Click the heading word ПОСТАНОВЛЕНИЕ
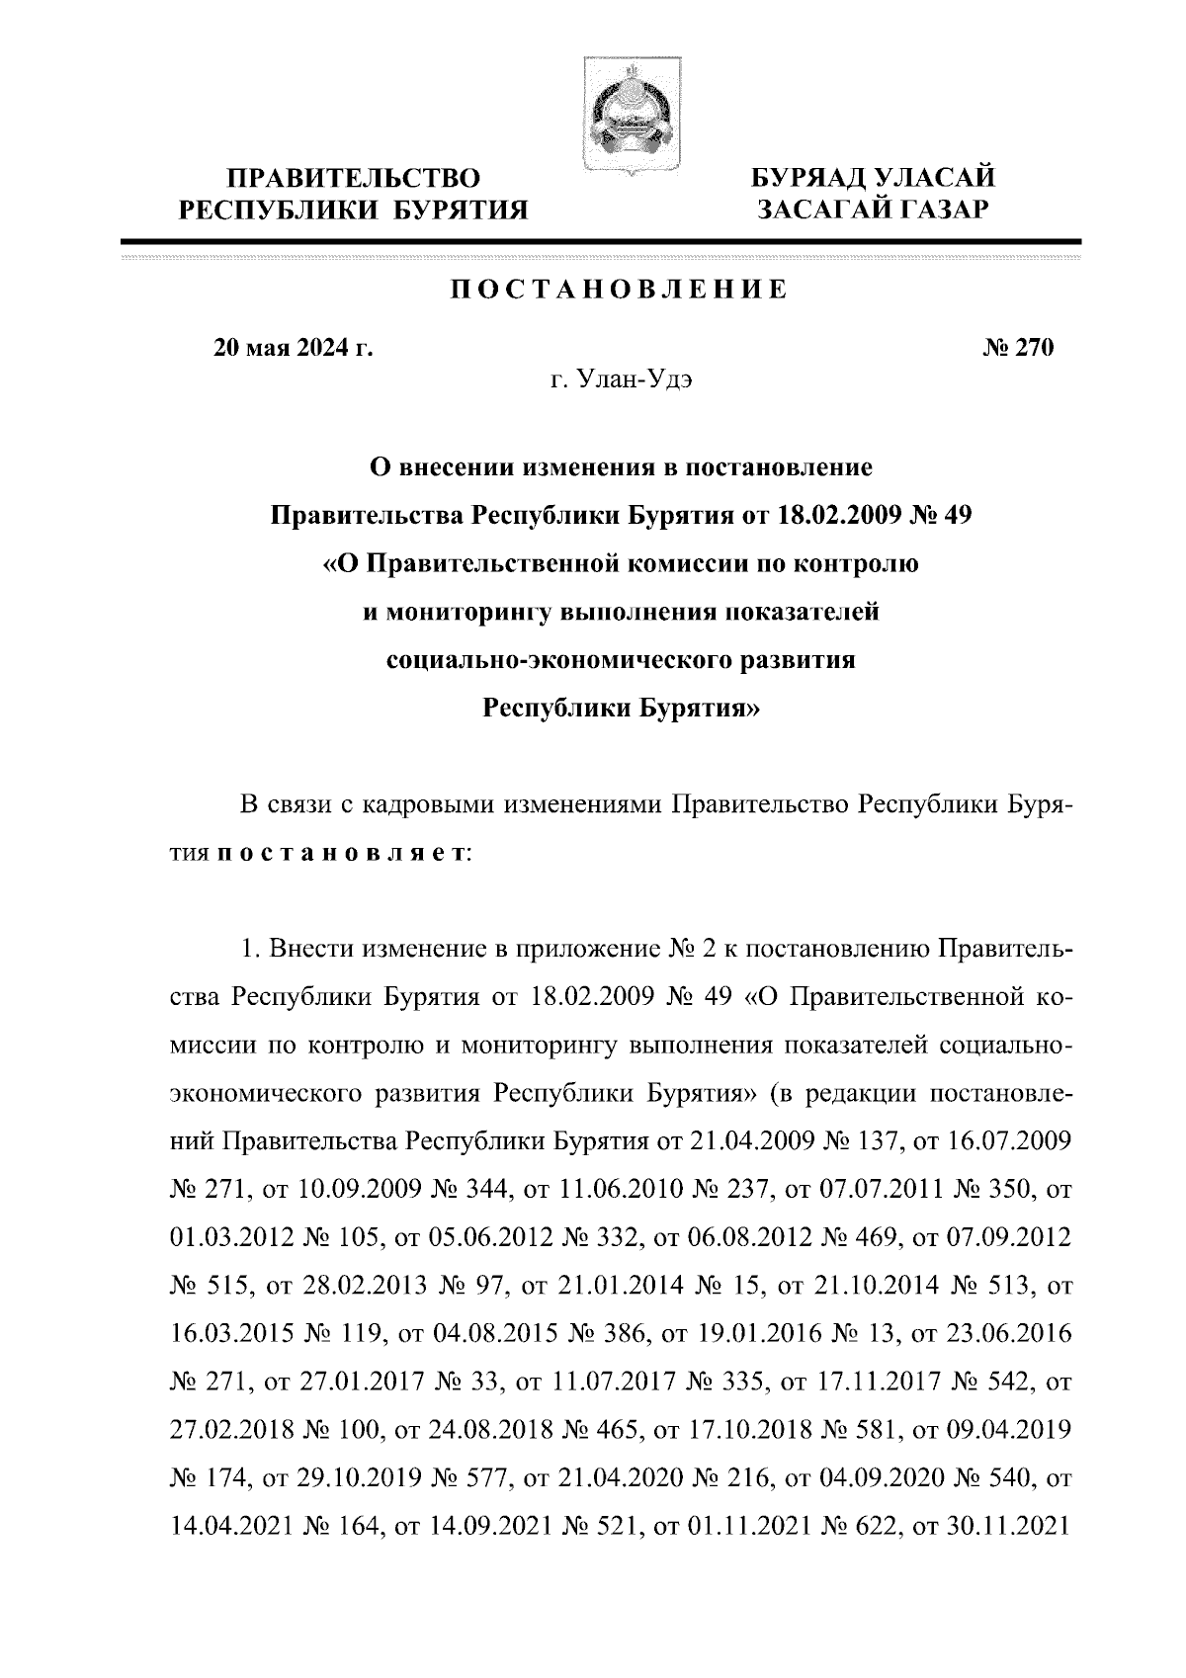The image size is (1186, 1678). pos(620,291)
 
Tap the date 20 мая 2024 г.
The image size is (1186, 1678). pos(294,348)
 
